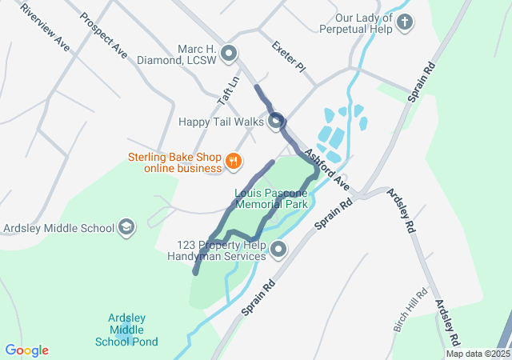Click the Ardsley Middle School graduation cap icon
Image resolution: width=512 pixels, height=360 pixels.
(x=126, y=228)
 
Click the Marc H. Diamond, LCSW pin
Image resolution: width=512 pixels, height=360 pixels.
(x=230, y=54)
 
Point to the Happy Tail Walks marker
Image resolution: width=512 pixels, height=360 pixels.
(x=276, y=122)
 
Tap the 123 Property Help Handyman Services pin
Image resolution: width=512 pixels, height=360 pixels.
(x=278, y=250)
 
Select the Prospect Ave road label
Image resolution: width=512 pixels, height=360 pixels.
(x=103, y=35)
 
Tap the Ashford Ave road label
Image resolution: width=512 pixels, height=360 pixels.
(x=326, y=168)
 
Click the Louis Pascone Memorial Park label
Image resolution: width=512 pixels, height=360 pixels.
(x=271, y=198)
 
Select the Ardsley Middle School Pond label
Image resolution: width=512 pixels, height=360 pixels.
(x=133, y=330)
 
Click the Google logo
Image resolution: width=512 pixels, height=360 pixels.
(x=26, y=350)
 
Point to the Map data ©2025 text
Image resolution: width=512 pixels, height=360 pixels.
(x=477, y=354)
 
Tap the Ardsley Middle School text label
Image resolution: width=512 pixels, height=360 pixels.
(x=59, y=228)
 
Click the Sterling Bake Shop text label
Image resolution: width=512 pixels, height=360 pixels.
(x=174, y=162)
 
